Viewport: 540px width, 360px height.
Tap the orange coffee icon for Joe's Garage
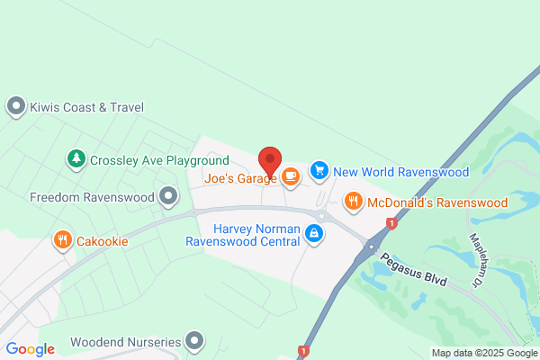click(x=290, y=176)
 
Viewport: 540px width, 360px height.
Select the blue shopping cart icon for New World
click(x=319, y=170)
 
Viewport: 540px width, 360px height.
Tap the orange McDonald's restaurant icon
click(x=354, y=201)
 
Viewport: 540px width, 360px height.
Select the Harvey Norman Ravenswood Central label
click(x=244, y=234)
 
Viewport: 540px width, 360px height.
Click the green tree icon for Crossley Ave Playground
click(x=76, y=159)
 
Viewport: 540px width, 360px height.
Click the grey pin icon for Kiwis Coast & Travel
click(x=15, y=107)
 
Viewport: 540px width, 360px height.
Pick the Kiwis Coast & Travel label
click(x=86, y=107)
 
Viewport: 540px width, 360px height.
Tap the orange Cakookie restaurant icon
click(x=61, y=240)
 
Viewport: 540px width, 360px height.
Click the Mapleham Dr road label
click(x=478, y=260)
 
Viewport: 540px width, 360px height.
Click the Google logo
click(x=30, y=349)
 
